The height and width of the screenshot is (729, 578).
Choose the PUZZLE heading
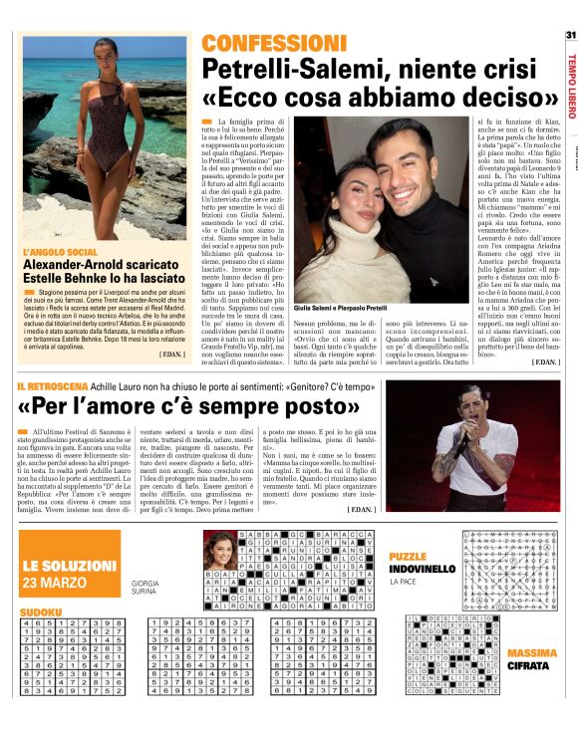pos(408,557)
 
